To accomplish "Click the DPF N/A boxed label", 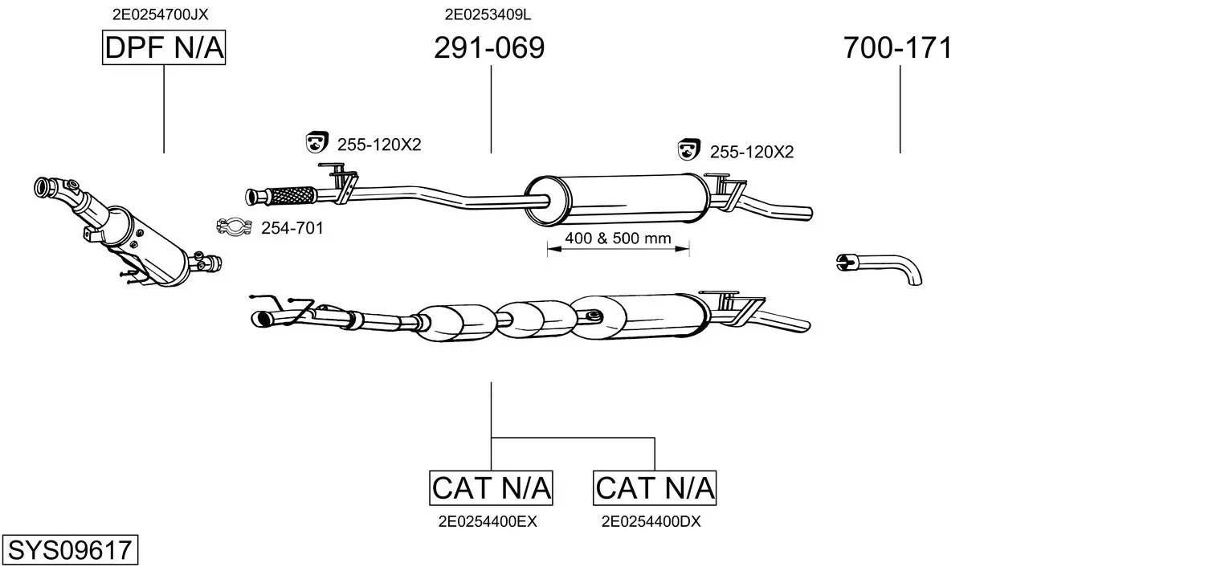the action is click(x=164, y=47).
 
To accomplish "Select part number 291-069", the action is click(x=489, y=47).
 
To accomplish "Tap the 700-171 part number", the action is click(x=897, y=47).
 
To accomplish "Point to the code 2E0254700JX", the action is click(x=160, y=14).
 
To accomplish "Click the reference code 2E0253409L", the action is click(x=488, y=14).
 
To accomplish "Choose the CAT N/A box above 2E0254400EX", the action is click(x=491, y=487).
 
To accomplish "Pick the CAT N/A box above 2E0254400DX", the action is click(x=655, y=487).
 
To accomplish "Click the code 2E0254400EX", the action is click(x=488, y=522).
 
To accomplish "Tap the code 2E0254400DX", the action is click(x=651, y=522).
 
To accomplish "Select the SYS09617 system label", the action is click(x=70, y=550).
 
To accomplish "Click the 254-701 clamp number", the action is click(x=292, y=228).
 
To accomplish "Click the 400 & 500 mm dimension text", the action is click(x=619, y=238).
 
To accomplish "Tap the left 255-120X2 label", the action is click(x=379, y=145).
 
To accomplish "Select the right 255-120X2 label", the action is click(x=752, y=152).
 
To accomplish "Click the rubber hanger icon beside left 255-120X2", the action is click(x=316, y=142).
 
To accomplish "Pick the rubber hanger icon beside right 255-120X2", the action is click(x=689, y=149).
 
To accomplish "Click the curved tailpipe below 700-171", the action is click(x=889, y=260).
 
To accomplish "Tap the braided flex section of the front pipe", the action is click(x=291, y=196).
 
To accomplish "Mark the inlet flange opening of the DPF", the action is click(x=42, y=187).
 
